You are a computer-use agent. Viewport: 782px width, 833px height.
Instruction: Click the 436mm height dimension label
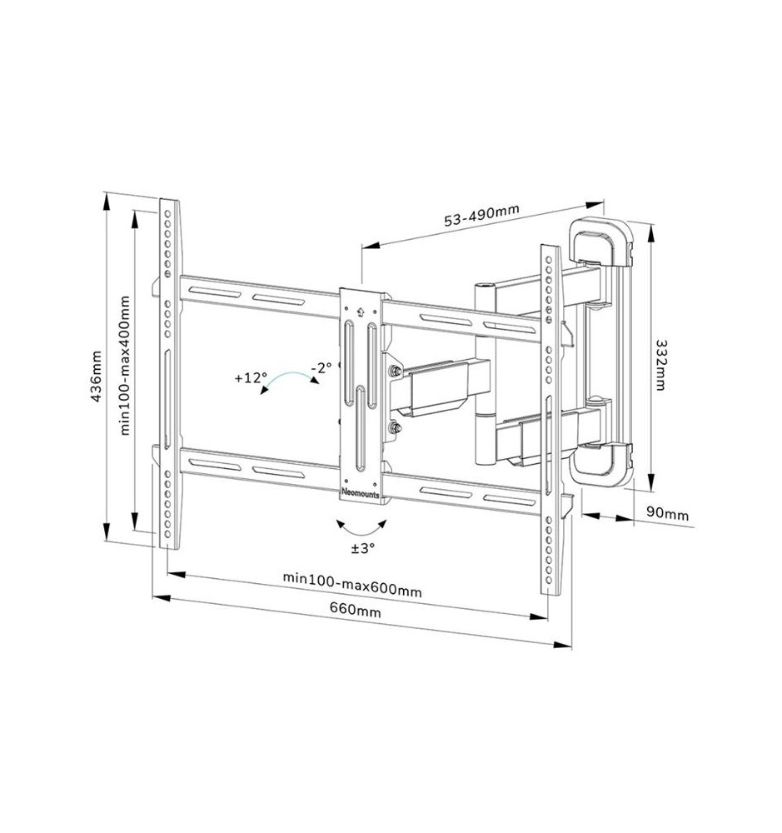pyautogui.click(x=97, y=377)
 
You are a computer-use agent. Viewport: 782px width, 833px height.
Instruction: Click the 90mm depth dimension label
pyautogui.click(x=668, y=515)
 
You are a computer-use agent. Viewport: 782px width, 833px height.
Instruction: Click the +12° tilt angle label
pyautogui.click(x=251, y=377)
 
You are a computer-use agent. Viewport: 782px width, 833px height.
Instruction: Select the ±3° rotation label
pyautogui.click(x=362, y=548)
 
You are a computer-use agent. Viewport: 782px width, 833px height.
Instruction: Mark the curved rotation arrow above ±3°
pyautogui.click(x=362, y=526)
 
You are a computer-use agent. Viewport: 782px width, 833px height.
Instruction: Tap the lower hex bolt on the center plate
pyautogui.click(x=392, y=430)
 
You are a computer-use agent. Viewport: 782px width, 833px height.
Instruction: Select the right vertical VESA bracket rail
pyautogui.click(x=550, y=416)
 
